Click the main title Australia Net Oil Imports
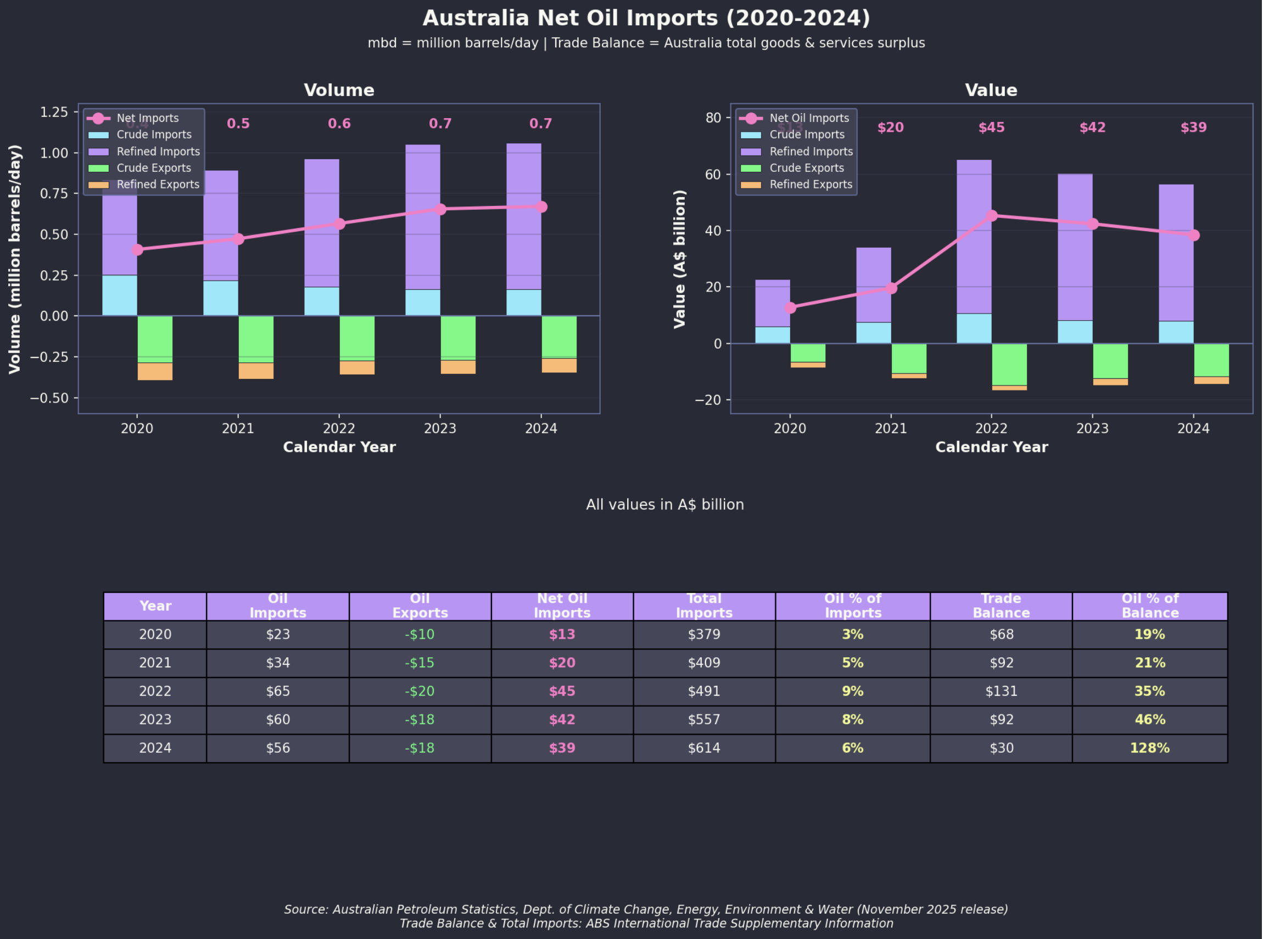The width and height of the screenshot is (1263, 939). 646,18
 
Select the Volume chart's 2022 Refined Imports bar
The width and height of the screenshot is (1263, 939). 322,223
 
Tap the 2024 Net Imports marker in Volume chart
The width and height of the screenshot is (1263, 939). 541,207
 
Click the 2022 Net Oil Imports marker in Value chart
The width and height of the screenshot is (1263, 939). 992,216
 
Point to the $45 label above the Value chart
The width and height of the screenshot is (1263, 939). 992,128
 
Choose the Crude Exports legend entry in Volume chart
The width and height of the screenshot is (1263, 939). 153,168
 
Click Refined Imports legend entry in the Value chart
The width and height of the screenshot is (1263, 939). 811,152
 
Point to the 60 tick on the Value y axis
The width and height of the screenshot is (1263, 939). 713,175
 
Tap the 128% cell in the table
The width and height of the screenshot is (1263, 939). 1150,748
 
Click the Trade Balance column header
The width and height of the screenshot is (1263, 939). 1002,606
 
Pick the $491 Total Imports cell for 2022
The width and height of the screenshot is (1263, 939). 704,692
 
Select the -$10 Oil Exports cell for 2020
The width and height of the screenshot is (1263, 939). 420,635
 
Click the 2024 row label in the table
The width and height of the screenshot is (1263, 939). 155,748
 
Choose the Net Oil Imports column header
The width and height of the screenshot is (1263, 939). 562,606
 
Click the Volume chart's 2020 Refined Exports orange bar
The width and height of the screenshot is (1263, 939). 155,372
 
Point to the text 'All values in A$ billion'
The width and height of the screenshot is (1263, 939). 665,505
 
